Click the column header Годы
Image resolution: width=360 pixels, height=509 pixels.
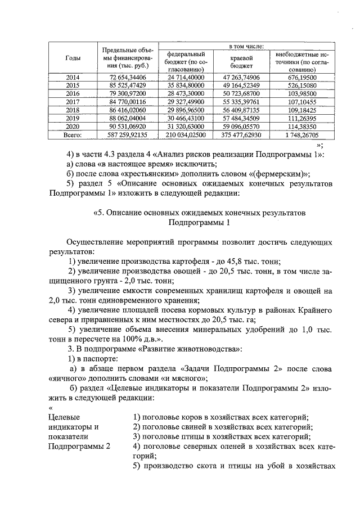click(x=72, y=58)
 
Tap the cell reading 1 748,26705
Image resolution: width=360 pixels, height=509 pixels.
click(x=300, y=136)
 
